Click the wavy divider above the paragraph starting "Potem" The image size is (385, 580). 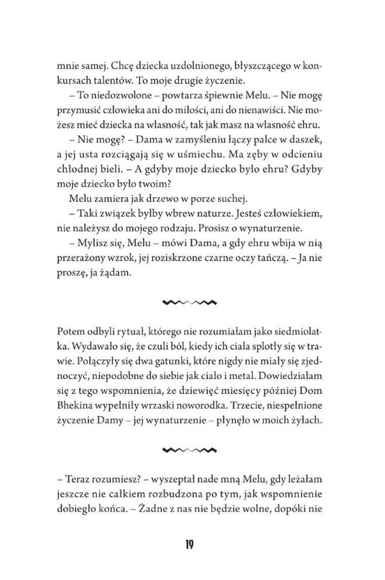tap(190, 303)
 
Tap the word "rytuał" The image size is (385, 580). tap(125, 332)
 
